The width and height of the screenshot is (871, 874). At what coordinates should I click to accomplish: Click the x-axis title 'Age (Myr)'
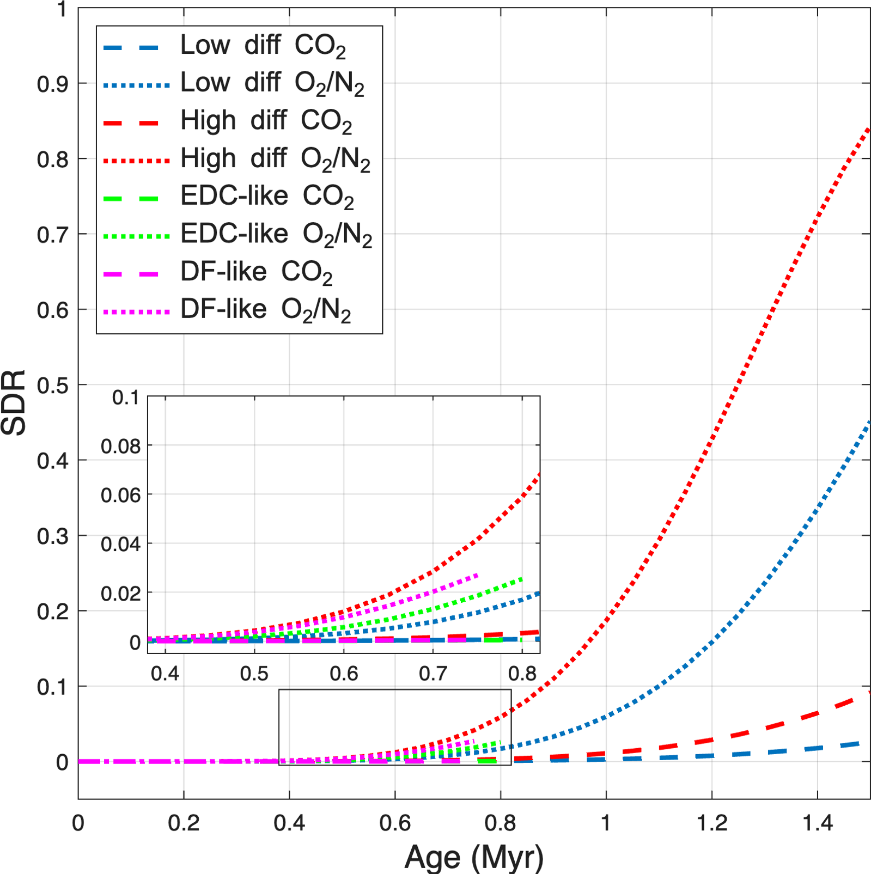474,857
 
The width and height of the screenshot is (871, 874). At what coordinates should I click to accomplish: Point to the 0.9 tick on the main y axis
52,84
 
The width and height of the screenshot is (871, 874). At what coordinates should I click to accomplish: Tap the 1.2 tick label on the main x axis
711,823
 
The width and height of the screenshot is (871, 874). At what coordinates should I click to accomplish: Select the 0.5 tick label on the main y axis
52,386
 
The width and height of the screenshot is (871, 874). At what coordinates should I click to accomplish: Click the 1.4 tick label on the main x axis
817,823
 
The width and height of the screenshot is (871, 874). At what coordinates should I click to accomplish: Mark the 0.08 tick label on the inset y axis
120,447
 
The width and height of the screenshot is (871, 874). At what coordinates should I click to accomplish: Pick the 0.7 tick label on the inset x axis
433,674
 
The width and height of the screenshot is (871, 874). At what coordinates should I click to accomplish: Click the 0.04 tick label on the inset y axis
120,544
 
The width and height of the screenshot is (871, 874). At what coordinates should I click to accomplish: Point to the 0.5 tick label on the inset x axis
254,674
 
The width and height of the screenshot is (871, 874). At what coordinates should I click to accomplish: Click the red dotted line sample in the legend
136,161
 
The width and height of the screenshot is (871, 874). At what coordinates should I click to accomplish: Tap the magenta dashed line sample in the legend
131,274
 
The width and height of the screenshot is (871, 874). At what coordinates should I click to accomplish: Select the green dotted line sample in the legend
136,236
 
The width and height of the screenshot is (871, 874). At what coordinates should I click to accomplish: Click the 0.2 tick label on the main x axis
184,823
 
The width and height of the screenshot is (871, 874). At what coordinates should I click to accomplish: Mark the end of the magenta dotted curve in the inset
477,575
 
